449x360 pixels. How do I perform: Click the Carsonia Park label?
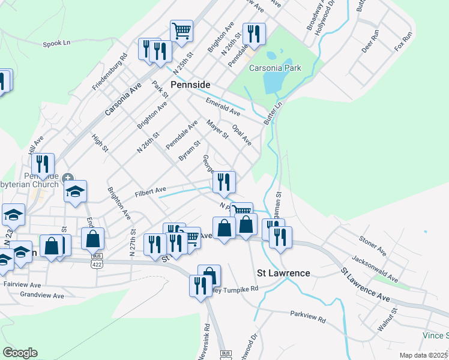point(276,68)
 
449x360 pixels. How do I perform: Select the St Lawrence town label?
point(283,273)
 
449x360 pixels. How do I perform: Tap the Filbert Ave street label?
point(150,191)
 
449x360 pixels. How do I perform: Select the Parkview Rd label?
point(307,317)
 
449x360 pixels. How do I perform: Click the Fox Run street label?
point(403,40)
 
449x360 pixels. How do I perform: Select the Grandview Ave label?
point(42,296)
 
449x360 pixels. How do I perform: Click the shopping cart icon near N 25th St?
point(181,30)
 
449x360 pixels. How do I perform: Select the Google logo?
point(19,353)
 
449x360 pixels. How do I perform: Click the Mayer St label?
point(217,129)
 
